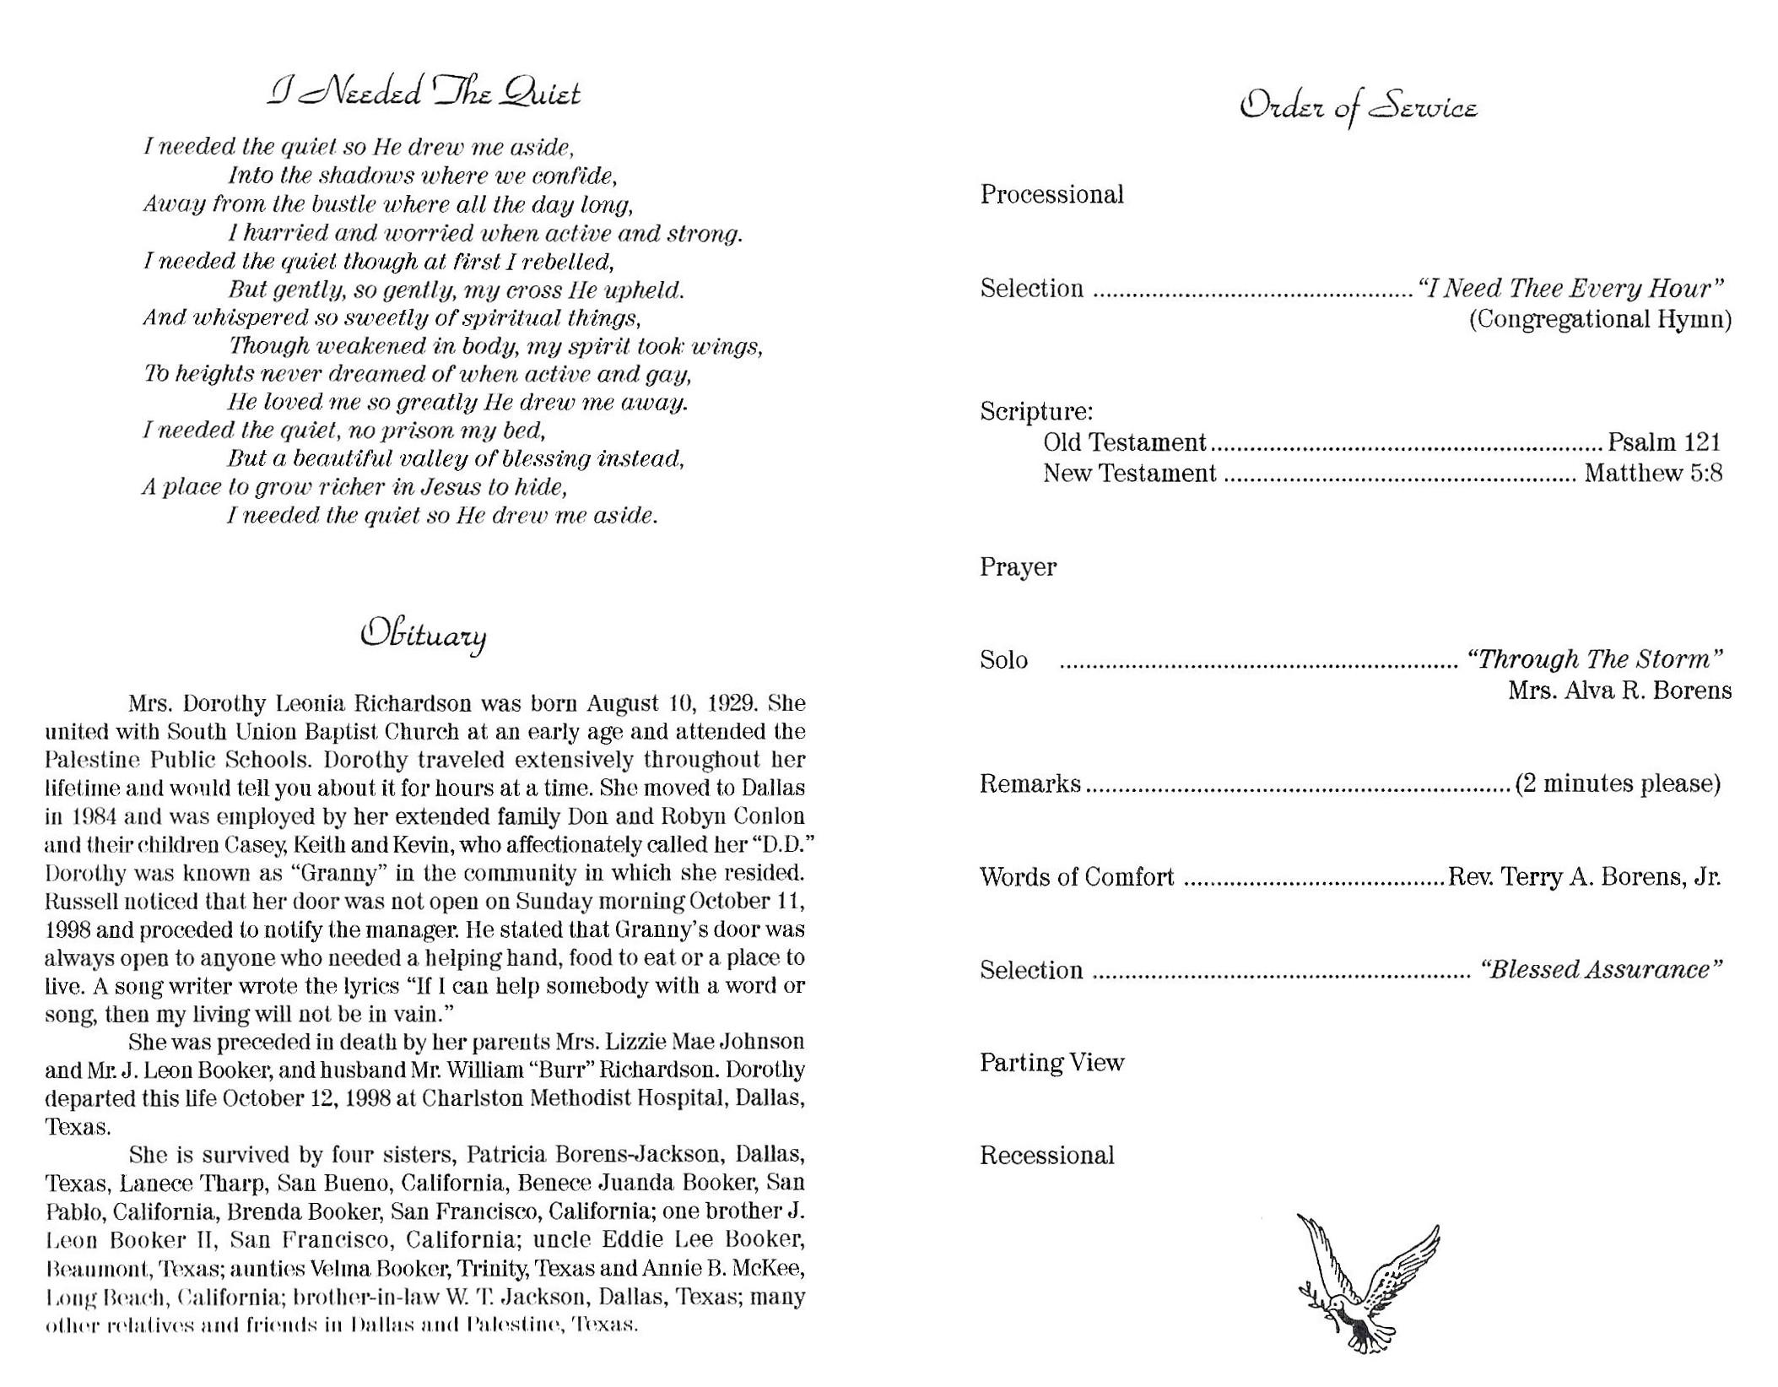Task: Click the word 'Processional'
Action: [1051, 195]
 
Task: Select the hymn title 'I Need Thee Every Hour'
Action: [1570, 289]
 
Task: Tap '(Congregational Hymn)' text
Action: [1600, 319]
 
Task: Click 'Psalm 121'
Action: [1663, 442]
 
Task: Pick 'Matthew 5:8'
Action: [1653, 473]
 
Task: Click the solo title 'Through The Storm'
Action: [1594, 659]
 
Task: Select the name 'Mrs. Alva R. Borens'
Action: [1619, 691]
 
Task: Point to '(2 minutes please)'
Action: [1618, 784]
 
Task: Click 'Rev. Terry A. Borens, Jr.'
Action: [1584, 877]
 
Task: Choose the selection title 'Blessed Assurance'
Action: [1601, 970]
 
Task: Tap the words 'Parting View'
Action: [1051, 1062]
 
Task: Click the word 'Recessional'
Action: [1046, 1155]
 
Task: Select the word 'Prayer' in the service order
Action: [1018, 566]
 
